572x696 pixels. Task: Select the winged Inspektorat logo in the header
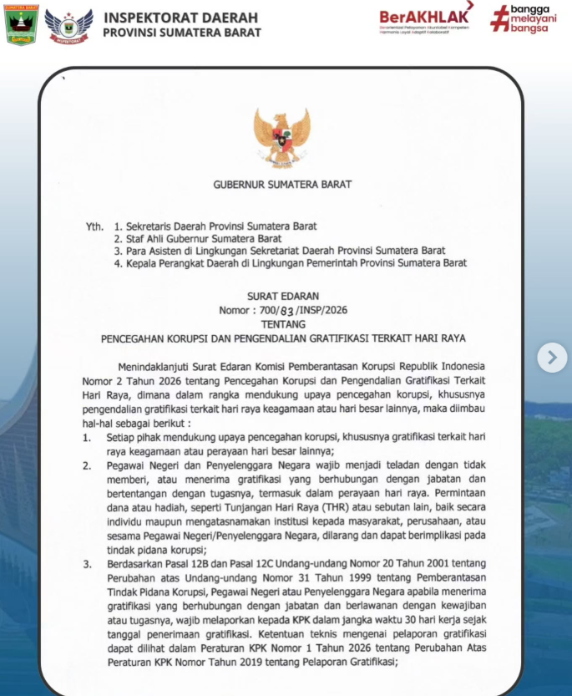point(69,26)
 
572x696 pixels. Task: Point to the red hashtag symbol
point(499,19)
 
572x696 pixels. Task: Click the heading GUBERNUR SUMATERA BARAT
point(282,184)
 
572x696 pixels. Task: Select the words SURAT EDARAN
point(282,296)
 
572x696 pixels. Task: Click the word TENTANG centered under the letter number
point(282,323)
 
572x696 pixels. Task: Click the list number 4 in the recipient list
point(118,263)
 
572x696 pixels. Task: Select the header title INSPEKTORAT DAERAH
point(180,18)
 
